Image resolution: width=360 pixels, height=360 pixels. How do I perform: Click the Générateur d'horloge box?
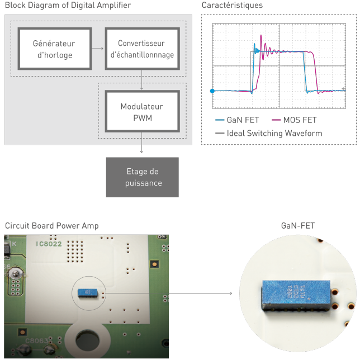[x=53, y=49]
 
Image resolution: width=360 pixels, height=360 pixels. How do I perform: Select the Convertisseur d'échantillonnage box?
[x=142, y=49]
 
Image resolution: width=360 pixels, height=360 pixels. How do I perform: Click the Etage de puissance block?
[x=142, y=177]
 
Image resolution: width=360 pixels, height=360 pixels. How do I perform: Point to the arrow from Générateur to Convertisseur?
[x=97, y=49]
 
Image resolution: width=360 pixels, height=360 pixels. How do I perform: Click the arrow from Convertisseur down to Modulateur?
[x=142, y=79]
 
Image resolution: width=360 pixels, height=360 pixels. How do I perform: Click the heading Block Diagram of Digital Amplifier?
[x=68, y=6]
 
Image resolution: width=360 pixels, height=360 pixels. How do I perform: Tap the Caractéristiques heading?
[x=232, y=6]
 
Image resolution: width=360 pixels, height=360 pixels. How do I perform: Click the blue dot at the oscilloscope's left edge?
[x=212, y=91]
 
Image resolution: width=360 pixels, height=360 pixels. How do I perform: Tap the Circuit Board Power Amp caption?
[x=51, y=226]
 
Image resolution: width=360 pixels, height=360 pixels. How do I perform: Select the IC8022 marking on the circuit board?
[x=49, y=244]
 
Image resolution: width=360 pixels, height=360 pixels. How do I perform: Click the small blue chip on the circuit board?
[x=86, y=292]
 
